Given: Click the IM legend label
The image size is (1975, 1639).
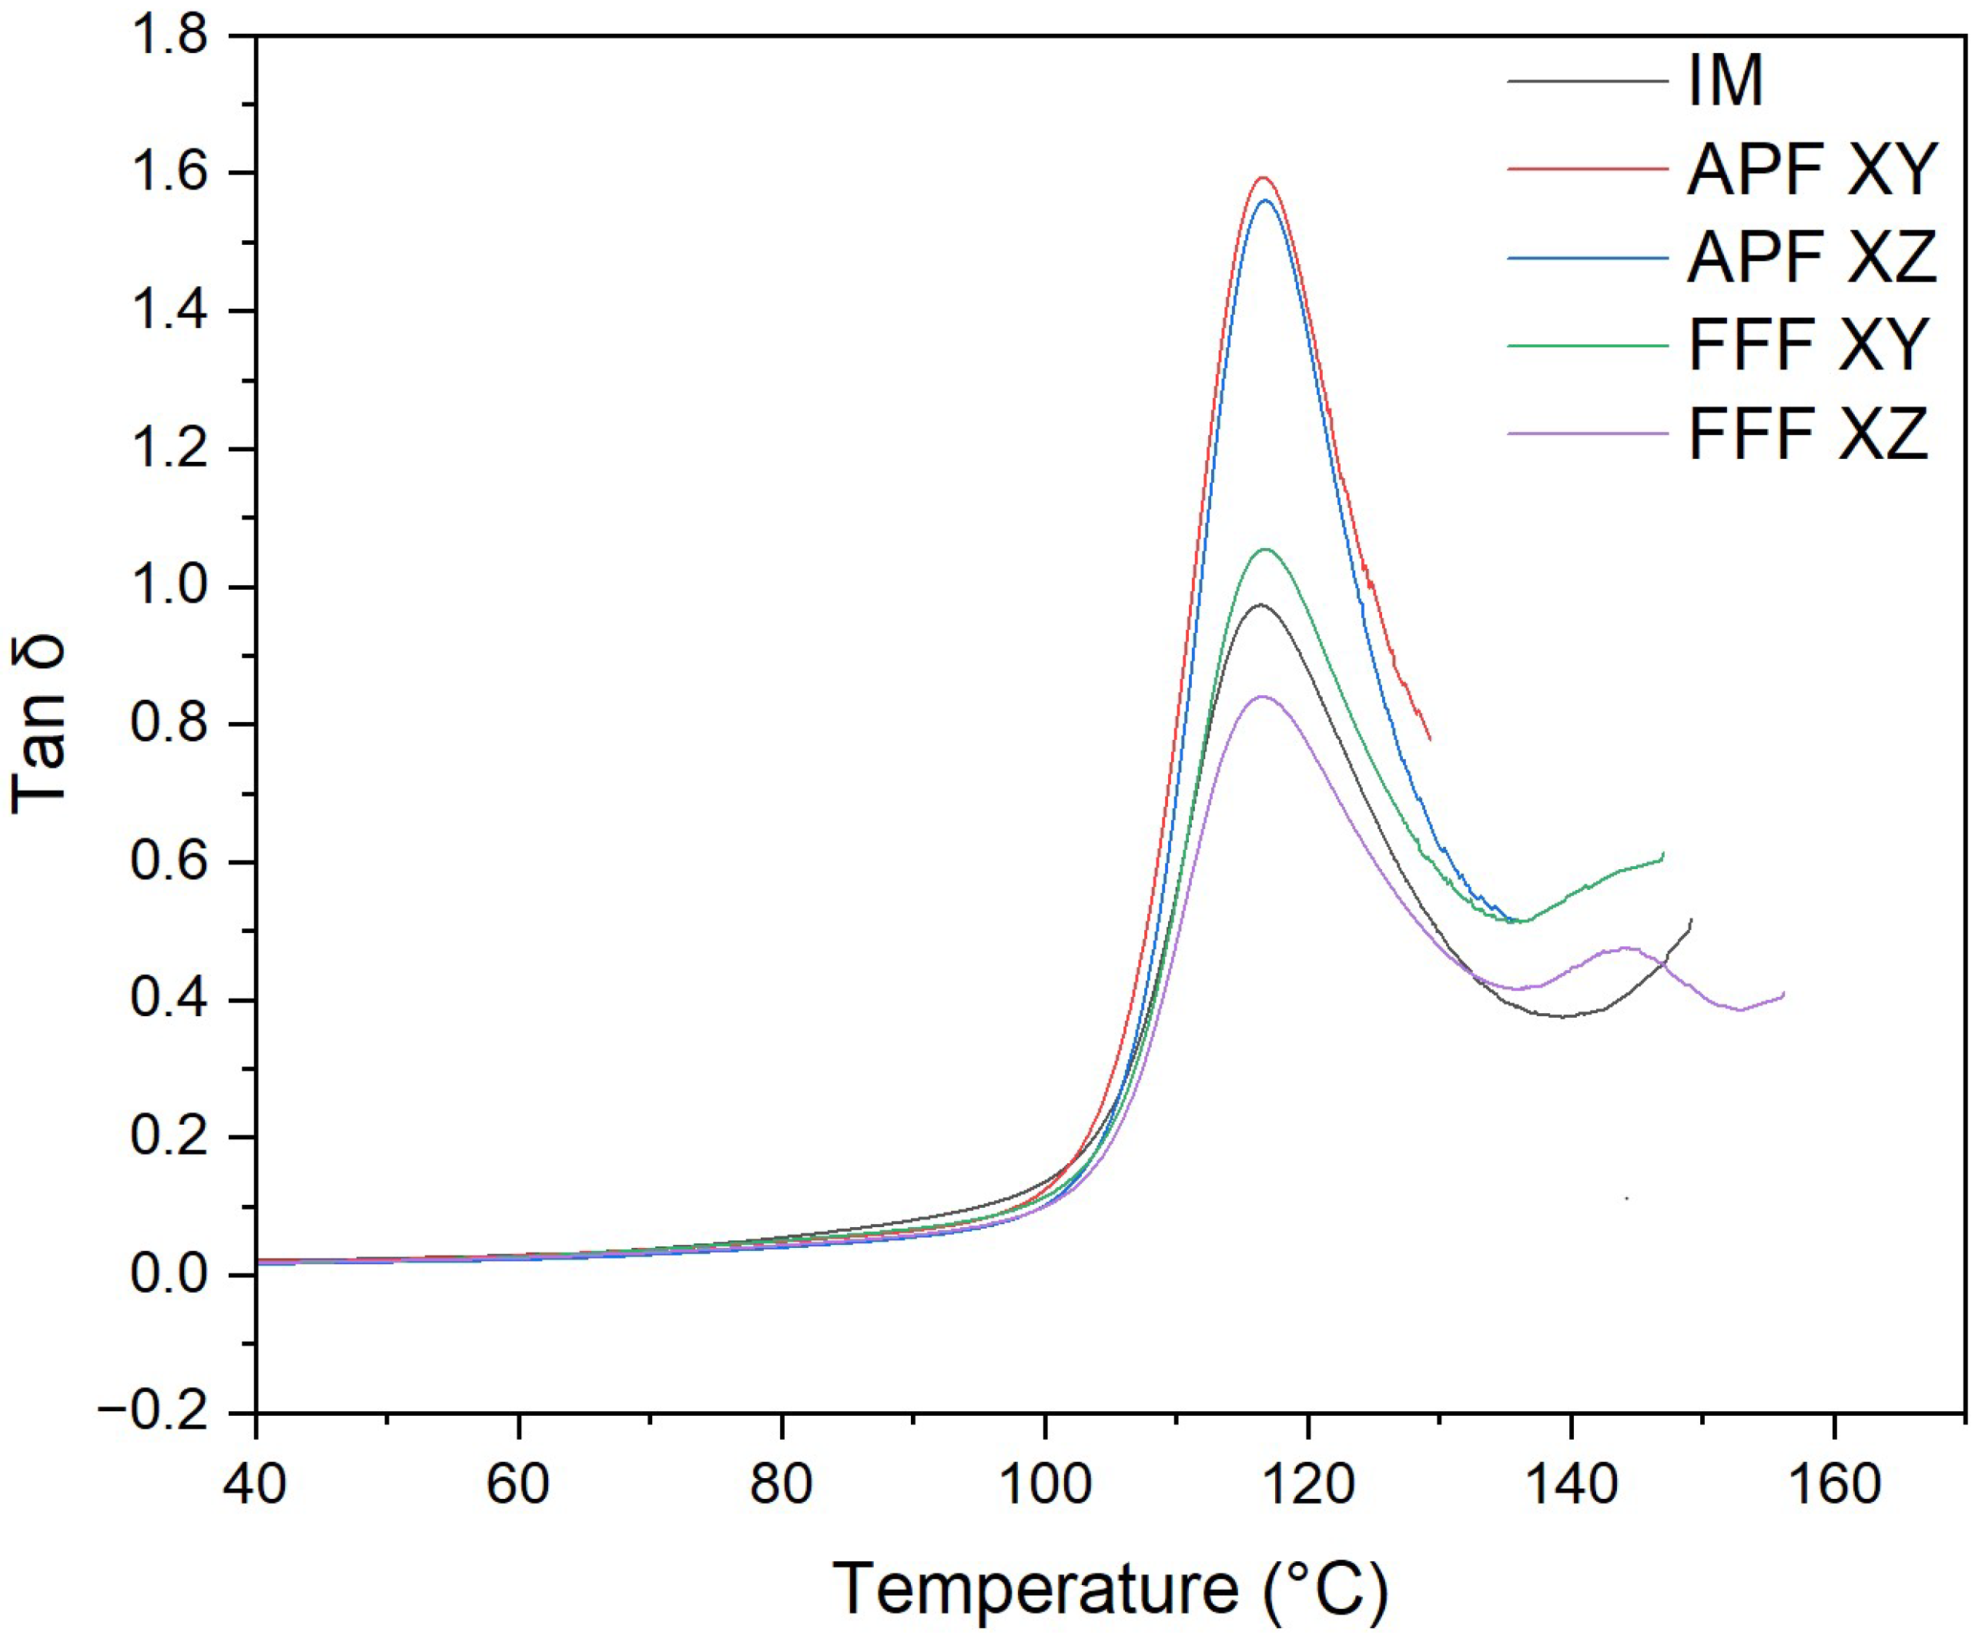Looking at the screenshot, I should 1725,81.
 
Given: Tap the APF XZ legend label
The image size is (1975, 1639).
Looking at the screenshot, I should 1811,256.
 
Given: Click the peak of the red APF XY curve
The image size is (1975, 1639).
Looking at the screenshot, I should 1263,177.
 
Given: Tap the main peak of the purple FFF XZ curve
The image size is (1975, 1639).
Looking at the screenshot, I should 1261,696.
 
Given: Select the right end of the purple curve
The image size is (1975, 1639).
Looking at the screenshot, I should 1783,993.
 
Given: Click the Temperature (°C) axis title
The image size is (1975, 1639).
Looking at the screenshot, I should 1110,1588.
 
